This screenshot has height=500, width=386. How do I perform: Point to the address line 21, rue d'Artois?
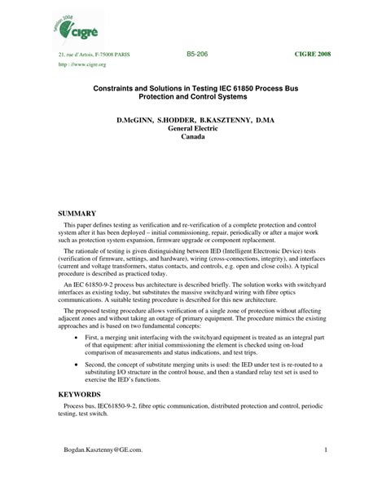pos(94,53)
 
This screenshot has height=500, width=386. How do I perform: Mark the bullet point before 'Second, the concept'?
pos(77,366)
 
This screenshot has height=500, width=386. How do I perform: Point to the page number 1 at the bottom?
pos(325,472)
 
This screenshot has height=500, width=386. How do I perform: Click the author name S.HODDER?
pos(172,120)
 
